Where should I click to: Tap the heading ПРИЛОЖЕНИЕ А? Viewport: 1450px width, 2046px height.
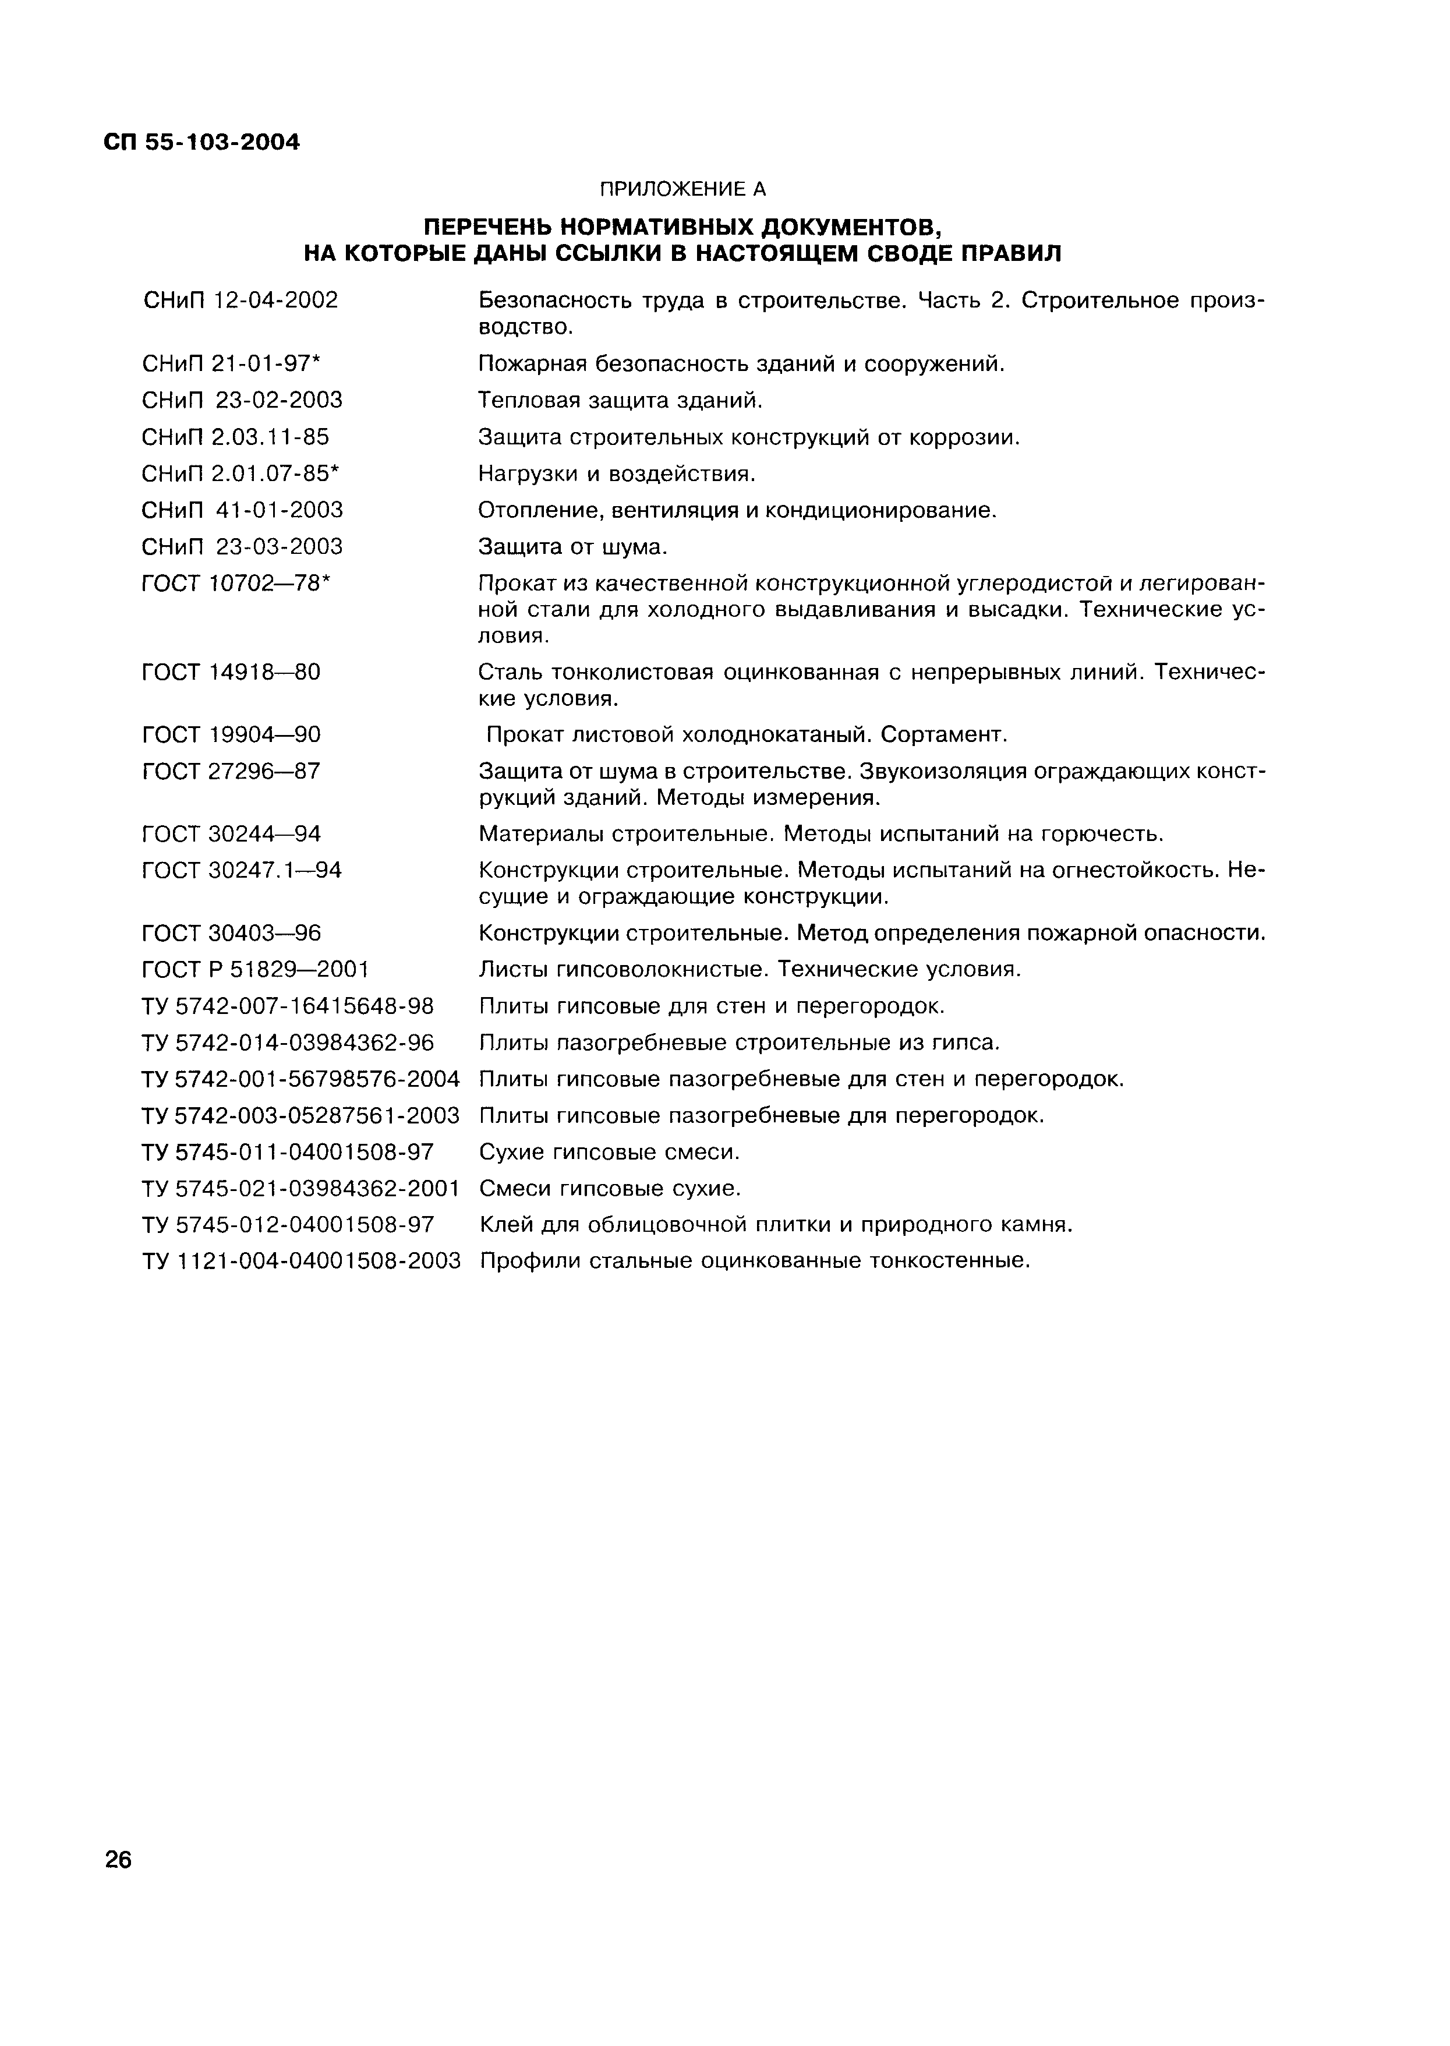pos(682,189)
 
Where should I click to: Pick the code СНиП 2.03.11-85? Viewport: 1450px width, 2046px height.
pos(235,437)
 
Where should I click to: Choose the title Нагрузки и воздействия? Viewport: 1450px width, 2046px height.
pos(617,473)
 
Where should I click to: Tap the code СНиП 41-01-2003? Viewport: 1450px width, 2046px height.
pos(242,510)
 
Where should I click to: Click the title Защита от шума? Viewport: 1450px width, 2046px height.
pos(573,546)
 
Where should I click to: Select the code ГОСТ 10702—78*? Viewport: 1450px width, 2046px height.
pos(236,583)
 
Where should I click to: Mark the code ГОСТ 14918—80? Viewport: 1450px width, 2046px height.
pos(231,672)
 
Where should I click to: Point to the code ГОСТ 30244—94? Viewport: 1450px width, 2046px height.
pos(231,834)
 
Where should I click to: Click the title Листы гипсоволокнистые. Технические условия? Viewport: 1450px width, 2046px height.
pos(749,969)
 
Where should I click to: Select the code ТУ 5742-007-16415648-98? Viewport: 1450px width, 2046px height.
pos(288,1006)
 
